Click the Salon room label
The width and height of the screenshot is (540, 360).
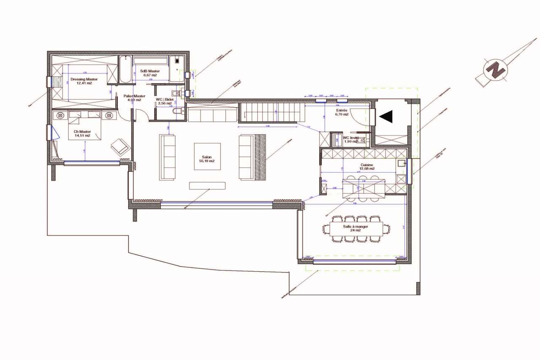(207, 156)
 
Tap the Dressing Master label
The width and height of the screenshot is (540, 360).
(84, 79)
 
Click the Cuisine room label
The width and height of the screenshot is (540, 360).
(367, 165)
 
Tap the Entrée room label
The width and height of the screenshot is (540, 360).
(342, 110)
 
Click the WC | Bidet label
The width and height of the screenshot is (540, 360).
(165, 99)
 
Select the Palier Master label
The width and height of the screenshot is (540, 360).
(134, 96)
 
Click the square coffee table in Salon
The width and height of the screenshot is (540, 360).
(207, 156)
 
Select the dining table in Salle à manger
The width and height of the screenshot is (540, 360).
(357, 229)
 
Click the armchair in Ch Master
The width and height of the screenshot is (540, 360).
(120, 146)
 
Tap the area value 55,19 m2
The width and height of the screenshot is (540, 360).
(207, 161)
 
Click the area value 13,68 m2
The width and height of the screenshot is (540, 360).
(367, 169)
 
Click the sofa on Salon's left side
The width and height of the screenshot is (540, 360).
(167, 157)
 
